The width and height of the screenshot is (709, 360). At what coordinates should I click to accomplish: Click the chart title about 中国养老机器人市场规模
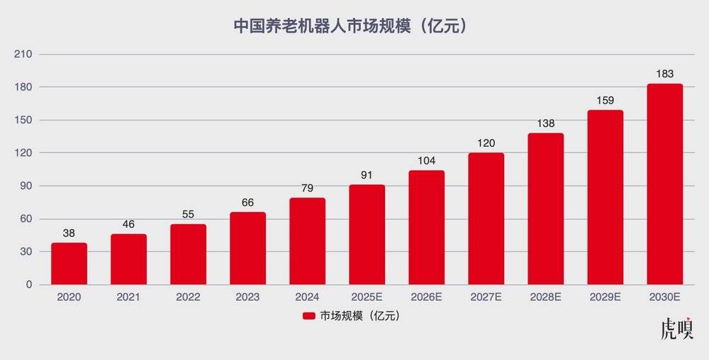click(350, 26)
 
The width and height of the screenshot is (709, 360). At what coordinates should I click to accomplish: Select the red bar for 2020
click(69, 264)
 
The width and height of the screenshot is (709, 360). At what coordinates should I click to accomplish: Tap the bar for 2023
click(247, 248)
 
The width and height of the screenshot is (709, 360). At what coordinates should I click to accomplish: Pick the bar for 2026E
click(426, 227)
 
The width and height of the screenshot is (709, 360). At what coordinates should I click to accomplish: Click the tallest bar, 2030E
click(664, 184)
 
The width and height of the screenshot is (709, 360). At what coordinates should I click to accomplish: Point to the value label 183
click(664, 74)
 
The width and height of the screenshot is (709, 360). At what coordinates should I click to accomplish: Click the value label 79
click(307, 188)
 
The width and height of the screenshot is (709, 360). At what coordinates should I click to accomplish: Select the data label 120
click(486, 143)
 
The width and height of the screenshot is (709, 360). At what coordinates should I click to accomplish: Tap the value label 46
click(128, 224)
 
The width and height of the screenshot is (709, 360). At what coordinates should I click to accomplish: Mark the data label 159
click(605, 100)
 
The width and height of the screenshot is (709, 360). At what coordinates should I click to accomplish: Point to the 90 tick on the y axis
click(26, 186)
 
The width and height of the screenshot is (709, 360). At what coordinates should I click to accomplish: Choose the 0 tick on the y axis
click(28, 285)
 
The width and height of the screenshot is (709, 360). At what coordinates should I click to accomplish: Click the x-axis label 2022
click(188, 298)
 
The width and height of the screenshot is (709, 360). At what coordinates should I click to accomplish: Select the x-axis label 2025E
click(367, 298)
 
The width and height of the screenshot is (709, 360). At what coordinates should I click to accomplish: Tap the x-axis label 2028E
click(545, 298)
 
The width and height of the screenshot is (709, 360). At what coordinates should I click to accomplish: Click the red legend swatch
click(308, 316)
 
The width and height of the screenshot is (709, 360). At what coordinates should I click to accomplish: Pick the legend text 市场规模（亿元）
click(360, 316)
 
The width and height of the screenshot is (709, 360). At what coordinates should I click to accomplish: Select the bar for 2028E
click(545, 209)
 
